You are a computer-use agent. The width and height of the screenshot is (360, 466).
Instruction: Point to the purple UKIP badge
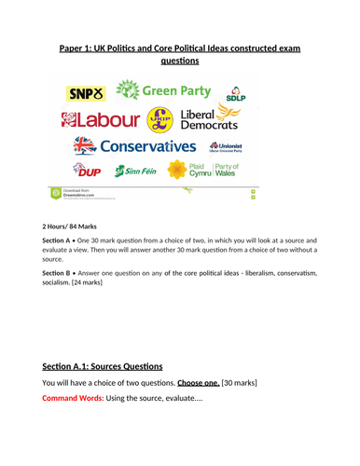[x=160, y=119]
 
